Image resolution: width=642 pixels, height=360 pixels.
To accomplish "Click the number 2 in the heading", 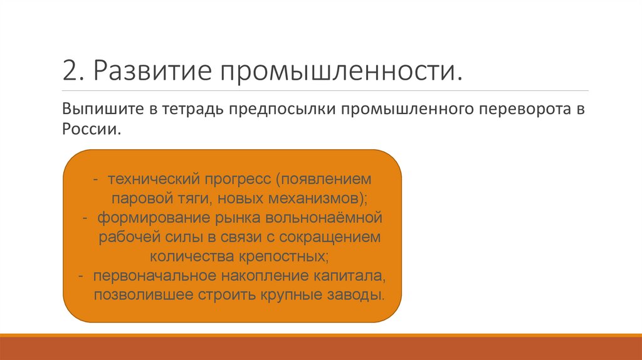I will [x=69, y=70].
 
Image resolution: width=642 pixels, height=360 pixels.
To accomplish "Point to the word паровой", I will [x=136, y=198].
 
